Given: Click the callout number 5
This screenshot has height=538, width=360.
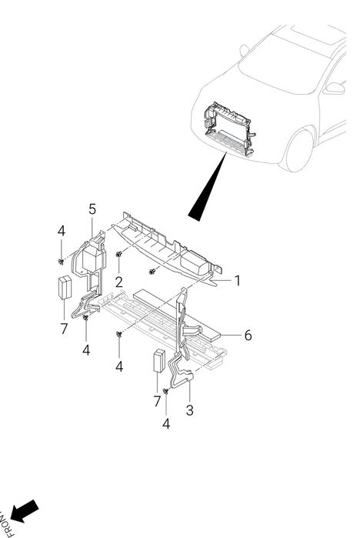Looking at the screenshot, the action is pyautogui.click(x=92, y=209).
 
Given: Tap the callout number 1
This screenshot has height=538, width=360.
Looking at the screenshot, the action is pyautogui.click(x=238, y=281).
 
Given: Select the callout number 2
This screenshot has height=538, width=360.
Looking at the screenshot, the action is pyautogui.click(x=119, y=282).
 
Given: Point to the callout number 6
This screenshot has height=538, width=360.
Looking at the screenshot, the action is pyautogui.click(x=248, y=336).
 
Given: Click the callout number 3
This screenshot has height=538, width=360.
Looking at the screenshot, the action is pyautogui.click(x=189, y=410).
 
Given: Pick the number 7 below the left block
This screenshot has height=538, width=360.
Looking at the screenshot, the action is pyautogui.click(x=64, y=329).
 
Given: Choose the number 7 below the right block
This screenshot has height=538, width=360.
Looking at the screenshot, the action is pyautogui.click(x=157, y=401).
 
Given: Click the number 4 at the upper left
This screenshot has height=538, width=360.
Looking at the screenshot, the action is pyautogui.click(x=61, y=231).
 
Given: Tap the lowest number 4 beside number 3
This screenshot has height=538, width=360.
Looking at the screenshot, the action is pyautogui.click(x=166, y=424).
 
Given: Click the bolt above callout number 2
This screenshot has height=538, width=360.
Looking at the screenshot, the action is pyautogui.click(x=119, y=254).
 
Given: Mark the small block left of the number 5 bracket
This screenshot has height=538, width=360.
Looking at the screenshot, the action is pyautogui.click(x=65, y=287).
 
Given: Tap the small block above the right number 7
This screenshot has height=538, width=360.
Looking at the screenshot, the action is pyautogui.click(x=158, y=361).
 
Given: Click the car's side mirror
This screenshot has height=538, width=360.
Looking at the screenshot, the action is pyautogui.click(x=335, y=88).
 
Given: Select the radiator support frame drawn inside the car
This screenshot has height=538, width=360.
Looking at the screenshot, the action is pyautogui.click(x=230, y=129).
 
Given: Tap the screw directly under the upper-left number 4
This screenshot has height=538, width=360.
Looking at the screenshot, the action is pyautogui.click(x=61, y=262).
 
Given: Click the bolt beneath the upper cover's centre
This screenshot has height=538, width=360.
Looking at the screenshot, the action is pyautogui.click(x=152, y=272).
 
